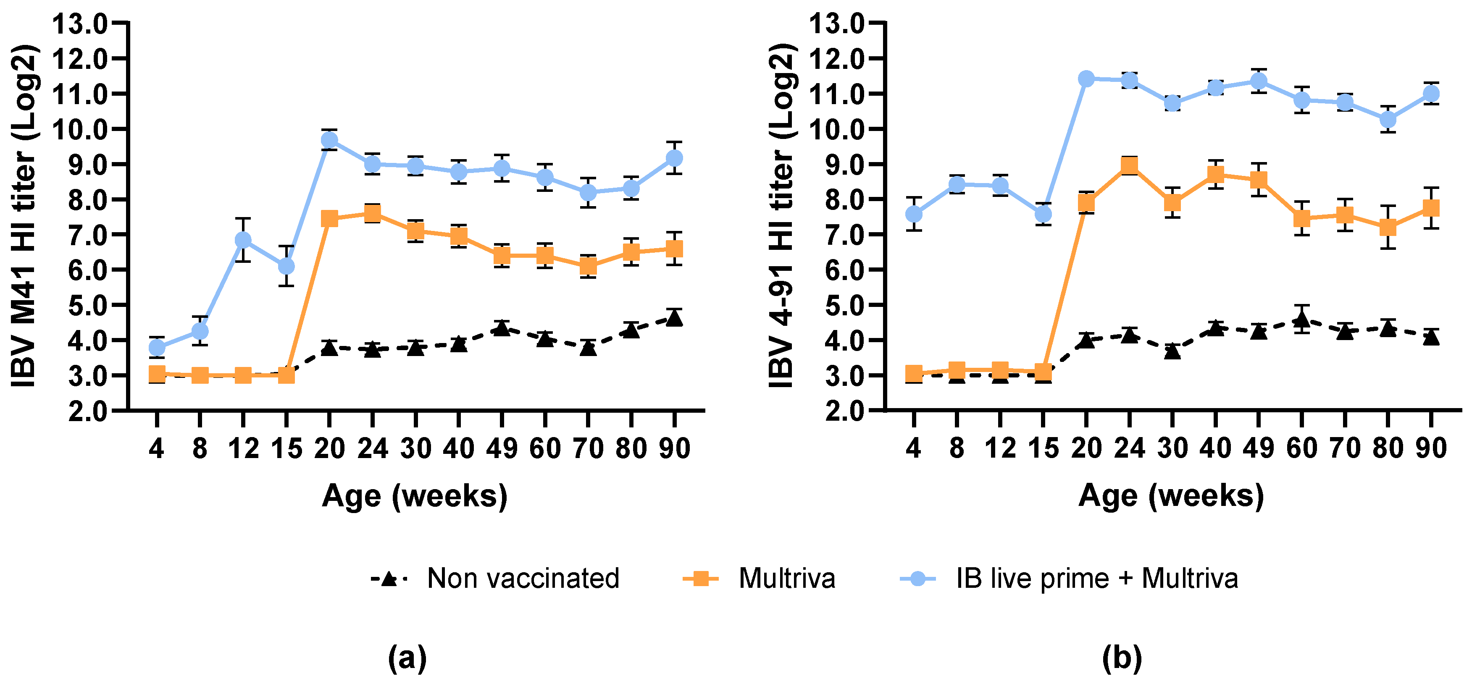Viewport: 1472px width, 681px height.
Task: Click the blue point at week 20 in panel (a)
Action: point(329,140)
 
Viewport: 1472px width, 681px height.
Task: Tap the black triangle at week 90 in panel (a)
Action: point(674,318)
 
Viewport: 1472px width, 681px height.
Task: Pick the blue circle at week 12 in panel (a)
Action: point(243,239)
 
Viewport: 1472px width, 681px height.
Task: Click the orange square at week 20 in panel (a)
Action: point(329,218)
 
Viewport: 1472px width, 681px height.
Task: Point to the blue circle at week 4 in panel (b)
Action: point(914,214)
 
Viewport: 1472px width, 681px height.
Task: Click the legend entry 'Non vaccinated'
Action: point(523,578)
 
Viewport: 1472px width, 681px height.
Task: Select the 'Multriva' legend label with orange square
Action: point(786,578)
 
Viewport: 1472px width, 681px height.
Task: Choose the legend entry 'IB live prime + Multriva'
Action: point(1096,578)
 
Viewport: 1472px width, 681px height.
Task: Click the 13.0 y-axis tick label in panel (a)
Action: point(79,24)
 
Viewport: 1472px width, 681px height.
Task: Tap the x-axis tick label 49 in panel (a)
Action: point(502,448)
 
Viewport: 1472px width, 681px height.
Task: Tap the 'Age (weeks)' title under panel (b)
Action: point(1172,495)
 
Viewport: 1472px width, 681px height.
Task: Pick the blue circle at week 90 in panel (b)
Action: point(1431,93)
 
